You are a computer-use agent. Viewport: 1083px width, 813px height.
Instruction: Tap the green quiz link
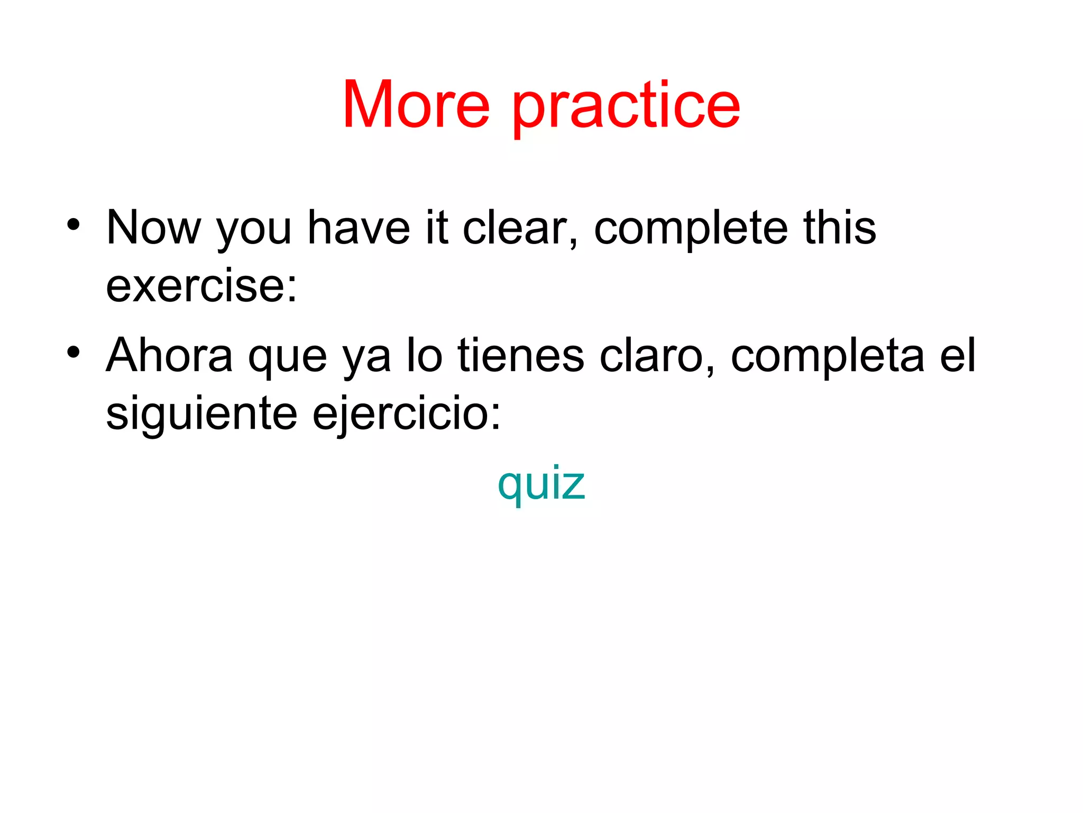(x=541, y=484)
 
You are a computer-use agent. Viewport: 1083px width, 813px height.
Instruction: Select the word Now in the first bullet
(x=153, y=228)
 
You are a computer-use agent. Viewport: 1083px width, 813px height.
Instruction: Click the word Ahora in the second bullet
(x=169, y=356)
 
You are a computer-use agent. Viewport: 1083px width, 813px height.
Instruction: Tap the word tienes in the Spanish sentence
(x=521, y=356)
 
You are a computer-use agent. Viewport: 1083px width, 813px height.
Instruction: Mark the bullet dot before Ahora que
(x=74, y=351)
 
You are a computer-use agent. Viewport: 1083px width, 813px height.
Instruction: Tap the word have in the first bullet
(x=359, y=228)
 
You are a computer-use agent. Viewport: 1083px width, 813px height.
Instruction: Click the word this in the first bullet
(x=839, y=228)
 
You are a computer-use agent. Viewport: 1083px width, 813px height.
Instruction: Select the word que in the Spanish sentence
(x=288, y=360)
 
